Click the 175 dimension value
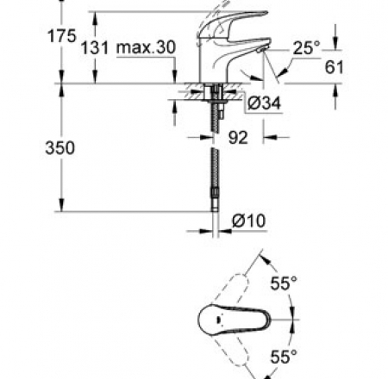pyautogui.click(x=62, y=36)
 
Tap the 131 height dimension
pyautogui.click(x=95, y=47)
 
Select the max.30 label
pyautogui.click(x=146, y=47)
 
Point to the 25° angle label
pyautogui.click(x=306, y=47)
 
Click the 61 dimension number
pyautogui.click(x=335, y=67)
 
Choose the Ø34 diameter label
pyautogui.click(x=264, y=103)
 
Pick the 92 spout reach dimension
pyautogui.click(x=238, y=137)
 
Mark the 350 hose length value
pyautogui.click(x=60, y=147)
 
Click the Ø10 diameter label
pyautogui.click(x=248, y=221)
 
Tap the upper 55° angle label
pyautogui.click(x=284, y=283)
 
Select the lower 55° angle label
pyautogui.click(x=284, y=357)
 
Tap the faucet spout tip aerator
pyautogui.click(x=262, y=49)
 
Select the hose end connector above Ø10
pyautogui.click(x=216, y=199)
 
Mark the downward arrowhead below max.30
pyautogui.click(x=174, y=77)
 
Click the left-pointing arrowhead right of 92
pyautogui.click(x=269, y=137)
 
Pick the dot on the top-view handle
pyautogui.click(x=218, y=320)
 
